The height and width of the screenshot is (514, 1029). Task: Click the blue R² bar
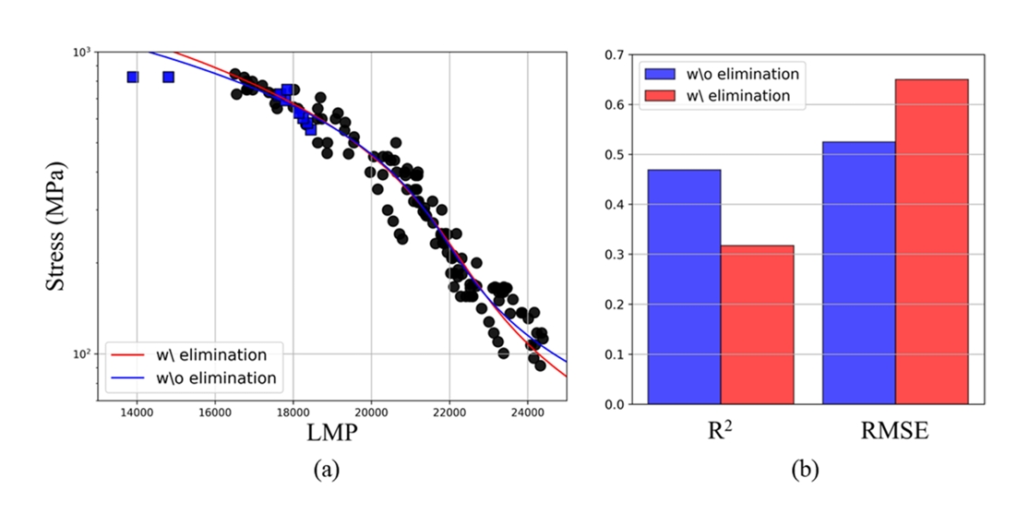click(684, 287)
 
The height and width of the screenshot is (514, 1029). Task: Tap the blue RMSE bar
click(858, 273)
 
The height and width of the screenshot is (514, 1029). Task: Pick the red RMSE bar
click(931, 242)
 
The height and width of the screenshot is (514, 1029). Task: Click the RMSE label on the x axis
click(895, 430)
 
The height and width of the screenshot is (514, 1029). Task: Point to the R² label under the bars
click(721, 430)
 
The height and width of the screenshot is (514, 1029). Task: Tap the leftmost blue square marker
click(133, 77)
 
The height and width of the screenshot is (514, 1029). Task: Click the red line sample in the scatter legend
click(130, 355)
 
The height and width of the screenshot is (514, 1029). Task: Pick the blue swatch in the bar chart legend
click(662, 74)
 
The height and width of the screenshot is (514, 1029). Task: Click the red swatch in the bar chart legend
click(662, 95)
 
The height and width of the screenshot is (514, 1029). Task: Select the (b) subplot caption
click(805, 470)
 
